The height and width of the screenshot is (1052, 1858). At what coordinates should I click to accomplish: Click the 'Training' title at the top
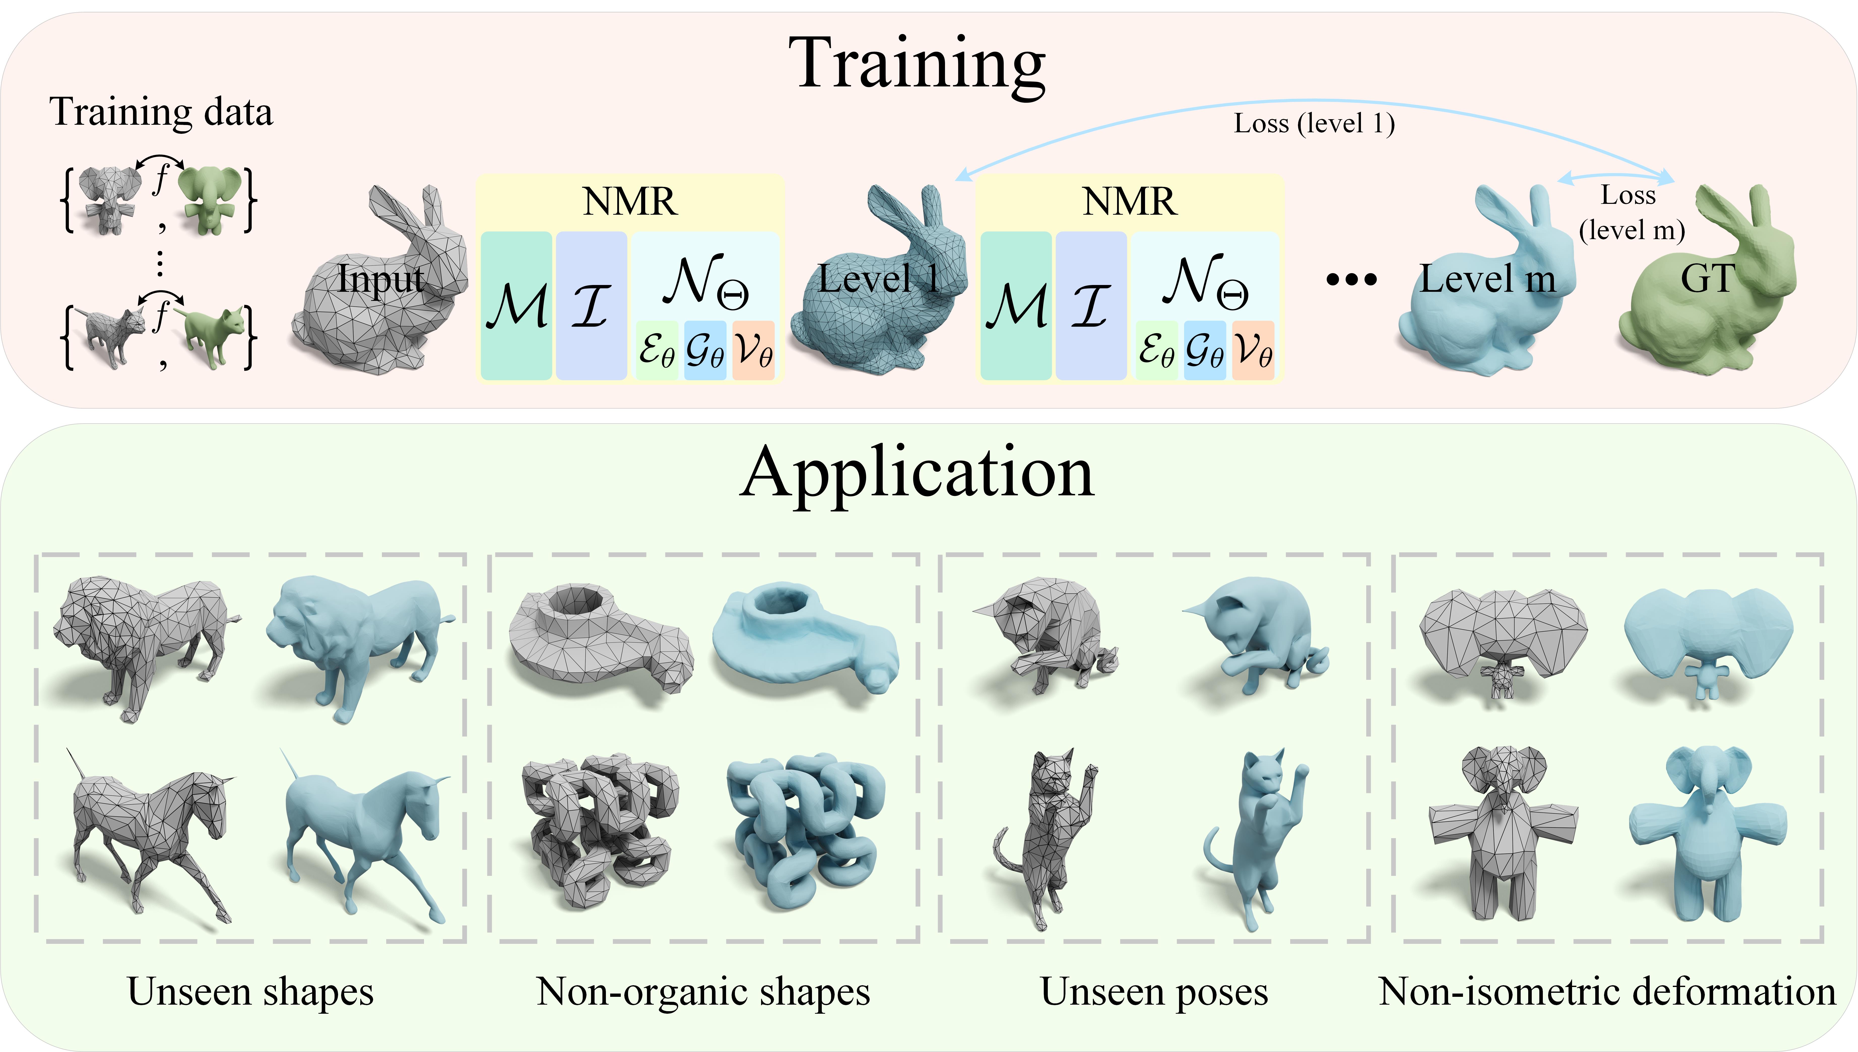point(918,67)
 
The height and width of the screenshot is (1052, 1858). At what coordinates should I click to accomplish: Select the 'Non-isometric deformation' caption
point(1607,991)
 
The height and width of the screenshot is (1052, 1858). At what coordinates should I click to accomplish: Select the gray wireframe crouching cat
point(1045,636)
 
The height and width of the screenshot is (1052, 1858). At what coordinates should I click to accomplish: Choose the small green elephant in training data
point(210,199)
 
